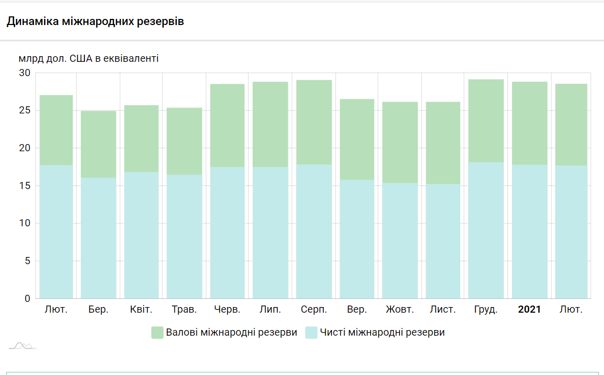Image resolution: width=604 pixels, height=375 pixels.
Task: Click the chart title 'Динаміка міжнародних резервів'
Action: point(95,21)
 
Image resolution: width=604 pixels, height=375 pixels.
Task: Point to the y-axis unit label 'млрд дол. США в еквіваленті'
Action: point(88,58)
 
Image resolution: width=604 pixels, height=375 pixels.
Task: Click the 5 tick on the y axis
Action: point(28,261)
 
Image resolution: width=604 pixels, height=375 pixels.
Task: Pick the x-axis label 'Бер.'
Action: point(98,310)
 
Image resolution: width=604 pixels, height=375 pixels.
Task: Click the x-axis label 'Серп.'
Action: point(314,310)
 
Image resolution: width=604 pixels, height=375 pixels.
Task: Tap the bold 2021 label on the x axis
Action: point(529,310)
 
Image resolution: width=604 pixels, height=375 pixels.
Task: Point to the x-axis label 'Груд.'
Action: point(486,310)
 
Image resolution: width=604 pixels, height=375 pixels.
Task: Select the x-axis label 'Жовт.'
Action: point(400,310)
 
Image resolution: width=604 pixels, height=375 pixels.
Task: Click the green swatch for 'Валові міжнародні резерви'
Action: point(157,333)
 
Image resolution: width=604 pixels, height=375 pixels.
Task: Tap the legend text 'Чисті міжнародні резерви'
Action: point(382,333)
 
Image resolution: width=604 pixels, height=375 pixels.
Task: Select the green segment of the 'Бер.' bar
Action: point(98,144)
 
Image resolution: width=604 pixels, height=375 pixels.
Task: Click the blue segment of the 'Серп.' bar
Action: point(314,231)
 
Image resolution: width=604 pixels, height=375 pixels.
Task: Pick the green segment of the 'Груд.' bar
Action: point(486,121)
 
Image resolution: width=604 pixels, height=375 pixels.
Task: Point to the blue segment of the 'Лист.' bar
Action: point(443,241)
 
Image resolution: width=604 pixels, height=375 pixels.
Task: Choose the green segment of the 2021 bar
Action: point(529,123)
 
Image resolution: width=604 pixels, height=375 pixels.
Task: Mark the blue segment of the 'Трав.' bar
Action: point(185,236)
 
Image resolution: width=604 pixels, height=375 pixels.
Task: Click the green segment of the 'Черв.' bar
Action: point(228,125)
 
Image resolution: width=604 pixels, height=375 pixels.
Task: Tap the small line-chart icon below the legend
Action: point(22,346)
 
